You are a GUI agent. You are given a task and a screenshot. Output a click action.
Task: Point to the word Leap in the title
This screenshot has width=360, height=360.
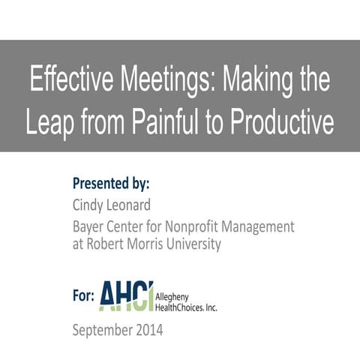pos(51,122)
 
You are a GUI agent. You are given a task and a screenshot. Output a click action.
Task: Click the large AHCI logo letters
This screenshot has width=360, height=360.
pos(126,295)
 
